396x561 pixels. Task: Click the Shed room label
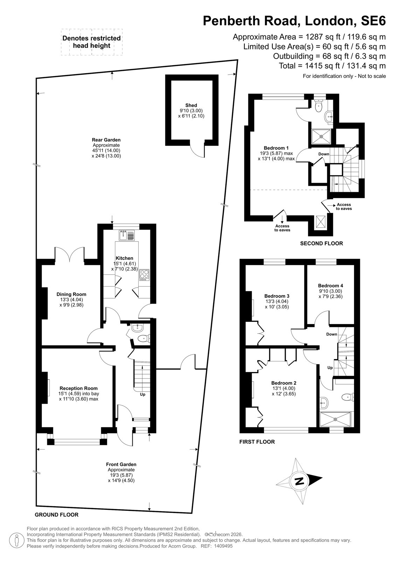pyautogui.click(x=191, y=106)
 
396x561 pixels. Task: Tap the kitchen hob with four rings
pyautogui.click(x=144, y=274)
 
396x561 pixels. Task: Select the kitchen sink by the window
pyautogui.click(x=127, y=235)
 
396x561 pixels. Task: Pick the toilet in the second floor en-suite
pyautogui.click(x=319, y=106)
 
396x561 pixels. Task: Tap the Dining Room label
pyautogui.click(x=71, y=294)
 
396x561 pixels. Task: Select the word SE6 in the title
pyautogui.click(x=373, y=21)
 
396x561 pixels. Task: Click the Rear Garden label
pyautogui.click(x=106, y=140)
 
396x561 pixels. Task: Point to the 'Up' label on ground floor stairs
pyautogui.click(x=143, y=394)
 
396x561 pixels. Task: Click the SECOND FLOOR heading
pyautogui.click(x=321, y=243)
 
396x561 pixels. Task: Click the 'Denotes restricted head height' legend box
pyautogui.click(x=92, y=42)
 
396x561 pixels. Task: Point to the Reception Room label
pyautogui.click(x=78, y=388)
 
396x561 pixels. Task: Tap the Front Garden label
pyautogui.click(x=121, y=464)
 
